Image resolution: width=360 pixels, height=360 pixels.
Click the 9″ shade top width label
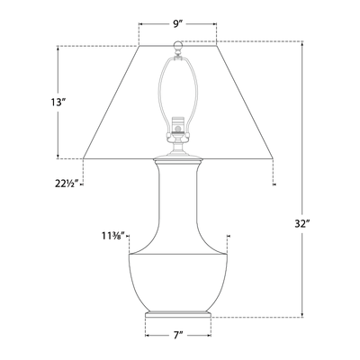(x=178, y=23)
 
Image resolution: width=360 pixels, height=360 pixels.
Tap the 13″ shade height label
(x=58, y=102)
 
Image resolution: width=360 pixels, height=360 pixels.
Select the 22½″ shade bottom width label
(x=67, y=183)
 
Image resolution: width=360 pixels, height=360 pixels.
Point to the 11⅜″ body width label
(x=114, y=237)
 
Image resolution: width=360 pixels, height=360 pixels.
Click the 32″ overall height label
(x=302, y=224)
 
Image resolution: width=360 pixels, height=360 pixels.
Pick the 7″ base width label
(x=178, y=335)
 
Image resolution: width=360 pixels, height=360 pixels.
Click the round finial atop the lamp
(x=177, y=45)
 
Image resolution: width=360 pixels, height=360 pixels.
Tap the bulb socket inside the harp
(x=178, y=127)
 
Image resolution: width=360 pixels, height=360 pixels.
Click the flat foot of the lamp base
(x=178, y=315)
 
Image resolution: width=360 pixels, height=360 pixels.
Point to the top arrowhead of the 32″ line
(x=302, y=44)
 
